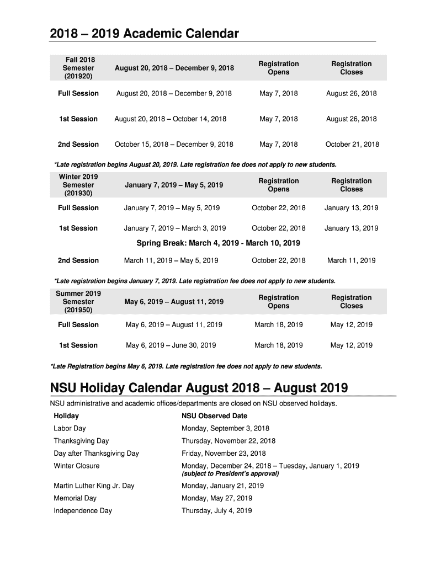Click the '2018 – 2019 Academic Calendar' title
(144, 34)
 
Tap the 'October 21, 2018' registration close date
(352, 145)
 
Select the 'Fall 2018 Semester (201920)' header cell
(78, 68)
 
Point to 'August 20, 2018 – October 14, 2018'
(171, 119)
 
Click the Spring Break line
(218, 243)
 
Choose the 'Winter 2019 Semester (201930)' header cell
(78, 185)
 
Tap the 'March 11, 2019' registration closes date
(351, 260)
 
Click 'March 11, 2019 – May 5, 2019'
(171, 260)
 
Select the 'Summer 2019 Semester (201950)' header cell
(78, 302)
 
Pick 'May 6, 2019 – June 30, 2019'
(171, 345)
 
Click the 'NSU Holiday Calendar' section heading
(199, 388)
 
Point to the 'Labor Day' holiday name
(70, 428)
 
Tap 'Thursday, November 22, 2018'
(229, 441)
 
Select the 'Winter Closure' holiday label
(77, 466)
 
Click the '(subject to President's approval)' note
(231, 474)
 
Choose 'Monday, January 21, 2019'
(223, 486)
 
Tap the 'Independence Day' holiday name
(83, 511)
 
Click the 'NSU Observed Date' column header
(214, 416)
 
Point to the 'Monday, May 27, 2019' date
(217, 498)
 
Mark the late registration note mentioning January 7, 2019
(194, 281)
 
